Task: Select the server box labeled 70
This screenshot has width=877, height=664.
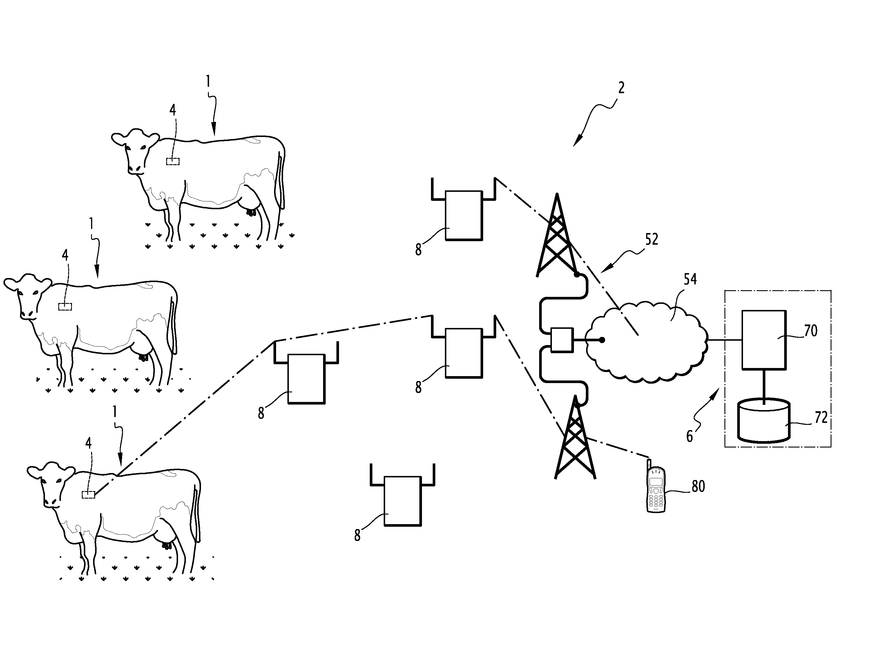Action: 764,340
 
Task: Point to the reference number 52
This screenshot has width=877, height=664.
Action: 651,240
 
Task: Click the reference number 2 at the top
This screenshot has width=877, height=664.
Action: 621,88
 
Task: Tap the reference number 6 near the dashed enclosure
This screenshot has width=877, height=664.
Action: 689,436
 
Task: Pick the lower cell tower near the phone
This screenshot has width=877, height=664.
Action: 575,438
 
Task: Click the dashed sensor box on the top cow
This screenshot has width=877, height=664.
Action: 173,161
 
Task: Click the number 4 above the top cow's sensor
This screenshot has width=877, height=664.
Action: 173,110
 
